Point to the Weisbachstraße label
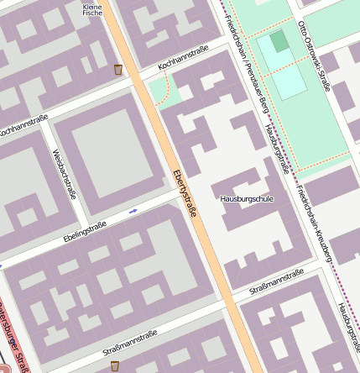click(x=65, y=168)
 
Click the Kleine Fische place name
click(x=92, y=9)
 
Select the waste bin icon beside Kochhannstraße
click(x=117, y=69)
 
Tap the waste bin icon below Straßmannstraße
click(x=115, y=365)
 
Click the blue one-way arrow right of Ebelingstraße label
click(x=133, y=212)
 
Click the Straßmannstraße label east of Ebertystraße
click(x=277, y=282)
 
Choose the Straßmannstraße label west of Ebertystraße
click(x=129, y=341)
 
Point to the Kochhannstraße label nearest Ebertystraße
click(x=182, y=57)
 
